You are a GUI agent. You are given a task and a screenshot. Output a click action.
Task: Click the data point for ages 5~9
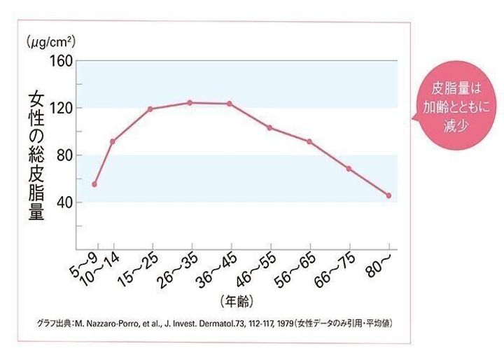(94, 184)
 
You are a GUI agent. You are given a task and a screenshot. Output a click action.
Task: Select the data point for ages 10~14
(112, 141)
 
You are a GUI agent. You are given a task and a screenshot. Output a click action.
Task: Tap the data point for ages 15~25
(150, 109)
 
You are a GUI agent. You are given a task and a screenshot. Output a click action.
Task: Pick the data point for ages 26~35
(190, 103)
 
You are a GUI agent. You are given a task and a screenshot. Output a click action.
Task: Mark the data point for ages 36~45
(229, 104)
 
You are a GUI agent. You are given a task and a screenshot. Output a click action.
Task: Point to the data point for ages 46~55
(269, 127)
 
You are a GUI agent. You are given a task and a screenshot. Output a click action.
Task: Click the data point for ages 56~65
(309, 141)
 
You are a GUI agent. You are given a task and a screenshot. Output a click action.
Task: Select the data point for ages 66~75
(349, 169)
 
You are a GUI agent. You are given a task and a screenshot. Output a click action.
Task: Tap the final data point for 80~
(388, 195)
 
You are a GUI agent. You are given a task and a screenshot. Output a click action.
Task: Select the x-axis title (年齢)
(236, 301)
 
